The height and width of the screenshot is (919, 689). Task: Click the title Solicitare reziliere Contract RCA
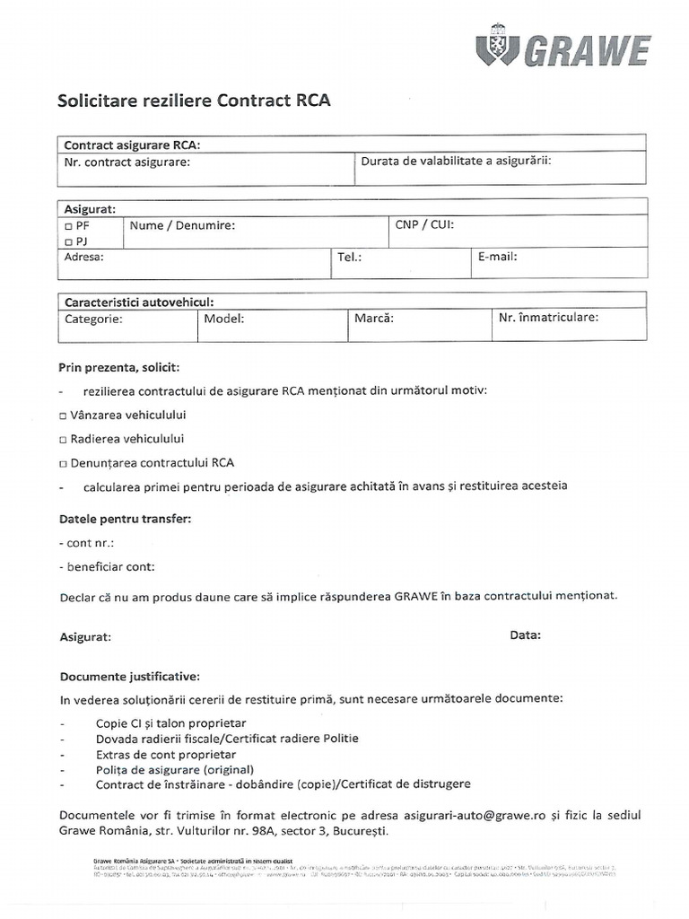point(194,101)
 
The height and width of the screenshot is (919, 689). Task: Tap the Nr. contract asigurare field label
point(127,162)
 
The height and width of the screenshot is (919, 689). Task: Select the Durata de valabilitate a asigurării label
point(455,162)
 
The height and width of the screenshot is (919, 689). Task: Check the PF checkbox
point(69,226)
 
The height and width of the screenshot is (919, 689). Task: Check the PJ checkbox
point(69,242)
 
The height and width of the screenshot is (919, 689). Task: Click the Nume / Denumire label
point(182,226)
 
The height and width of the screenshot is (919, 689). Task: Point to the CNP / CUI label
point(424,225)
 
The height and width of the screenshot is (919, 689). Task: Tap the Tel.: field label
point(349,257)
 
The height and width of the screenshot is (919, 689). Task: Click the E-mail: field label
point(497,256)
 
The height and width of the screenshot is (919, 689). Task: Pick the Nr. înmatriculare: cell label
point(548,317)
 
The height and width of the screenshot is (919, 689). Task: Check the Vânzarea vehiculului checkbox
point(63,416)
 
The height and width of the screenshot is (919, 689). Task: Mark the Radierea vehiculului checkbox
point(63,440)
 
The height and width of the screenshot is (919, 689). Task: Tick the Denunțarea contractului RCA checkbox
point(63,464)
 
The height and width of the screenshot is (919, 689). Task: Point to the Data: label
point(525,635)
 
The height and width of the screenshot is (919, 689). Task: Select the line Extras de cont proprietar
point(153,755)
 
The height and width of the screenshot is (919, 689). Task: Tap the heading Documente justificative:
point(130,676)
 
